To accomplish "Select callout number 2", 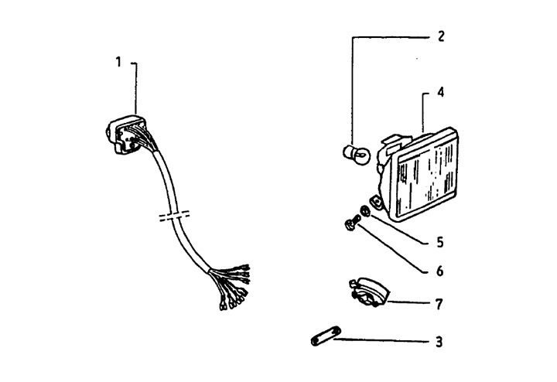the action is pyautogui.click(x=440, y=36).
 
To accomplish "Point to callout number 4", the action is pyautogui.click(x=440, y=91).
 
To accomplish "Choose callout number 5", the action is pyautogui.click(x=440, y=242).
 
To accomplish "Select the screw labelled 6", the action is pyautogui.click(x=350, y=225).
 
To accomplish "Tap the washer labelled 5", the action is pyautogui.click(x=364, y=211).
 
